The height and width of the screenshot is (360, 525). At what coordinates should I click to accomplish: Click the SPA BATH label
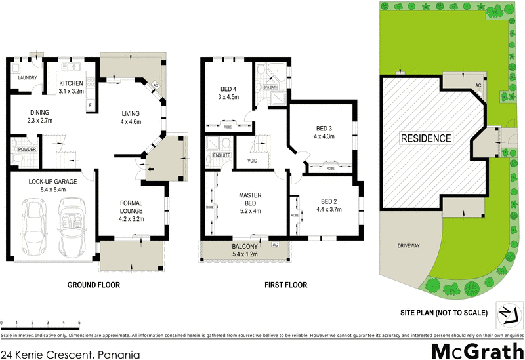[271, 87]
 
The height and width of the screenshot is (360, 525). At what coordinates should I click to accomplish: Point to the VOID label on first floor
[253, 161]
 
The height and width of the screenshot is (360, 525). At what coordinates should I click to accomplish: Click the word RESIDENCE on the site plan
[426, 138]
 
